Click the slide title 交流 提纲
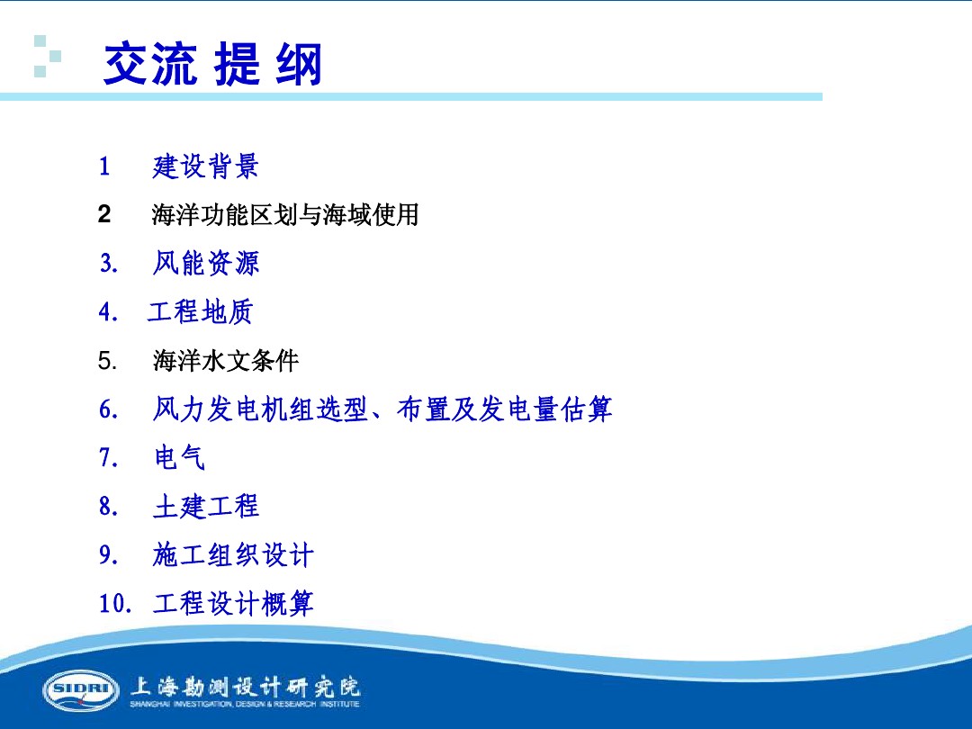212,65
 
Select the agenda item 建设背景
206,166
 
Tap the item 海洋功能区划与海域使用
285,215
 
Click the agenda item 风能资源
206,264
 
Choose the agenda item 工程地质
201,312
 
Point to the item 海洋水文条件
225,362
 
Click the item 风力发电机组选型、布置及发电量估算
382,410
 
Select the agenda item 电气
180,458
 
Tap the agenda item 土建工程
206,507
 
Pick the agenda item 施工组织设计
233,555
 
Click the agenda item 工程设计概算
233,604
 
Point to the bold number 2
104,214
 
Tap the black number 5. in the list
107,362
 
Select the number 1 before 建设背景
104,166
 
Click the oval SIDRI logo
81,690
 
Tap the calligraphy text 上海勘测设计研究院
246,687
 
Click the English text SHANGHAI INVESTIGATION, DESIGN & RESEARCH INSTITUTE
245,705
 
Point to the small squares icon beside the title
47,56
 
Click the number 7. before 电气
108,458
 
